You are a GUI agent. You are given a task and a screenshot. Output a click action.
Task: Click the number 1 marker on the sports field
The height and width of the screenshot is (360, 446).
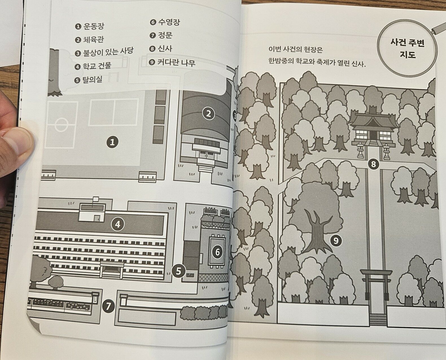(112, 142)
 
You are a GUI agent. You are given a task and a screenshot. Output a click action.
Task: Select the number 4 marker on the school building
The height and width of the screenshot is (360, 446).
(118, 224)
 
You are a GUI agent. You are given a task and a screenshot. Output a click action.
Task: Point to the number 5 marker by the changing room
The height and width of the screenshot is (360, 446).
(178, 271)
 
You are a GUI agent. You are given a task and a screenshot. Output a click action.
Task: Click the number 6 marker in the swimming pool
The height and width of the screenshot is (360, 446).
(217, 252)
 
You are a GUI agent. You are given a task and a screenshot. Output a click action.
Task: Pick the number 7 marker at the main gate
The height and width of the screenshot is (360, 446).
(108, 306)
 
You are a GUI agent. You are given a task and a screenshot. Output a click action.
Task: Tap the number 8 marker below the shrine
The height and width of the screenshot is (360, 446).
(373, 164)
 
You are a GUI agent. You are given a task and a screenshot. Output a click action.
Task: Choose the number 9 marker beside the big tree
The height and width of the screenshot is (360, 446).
(336, 241)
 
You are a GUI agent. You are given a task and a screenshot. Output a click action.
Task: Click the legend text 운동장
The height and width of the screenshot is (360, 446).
(94, 26)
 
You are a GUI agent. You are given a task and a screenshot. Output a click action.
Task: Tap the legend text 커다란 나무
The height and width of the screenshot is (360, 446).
(176, 62)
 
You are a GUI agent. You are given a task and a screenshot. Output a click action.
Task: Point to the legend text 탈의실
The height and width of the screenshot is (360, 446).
(92, 79)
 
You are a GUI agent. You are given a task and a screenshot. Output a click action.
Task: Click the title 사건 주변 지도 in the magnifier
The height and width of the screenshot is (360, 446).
(407, 49)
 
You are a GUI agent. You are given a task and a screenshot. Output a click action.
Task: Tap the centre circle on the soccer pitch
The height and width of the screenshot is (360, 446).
(61, 125)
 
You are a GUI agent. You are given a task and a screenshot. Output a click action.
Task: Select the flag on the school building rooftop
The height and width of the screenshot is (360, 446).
(96, 200)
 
